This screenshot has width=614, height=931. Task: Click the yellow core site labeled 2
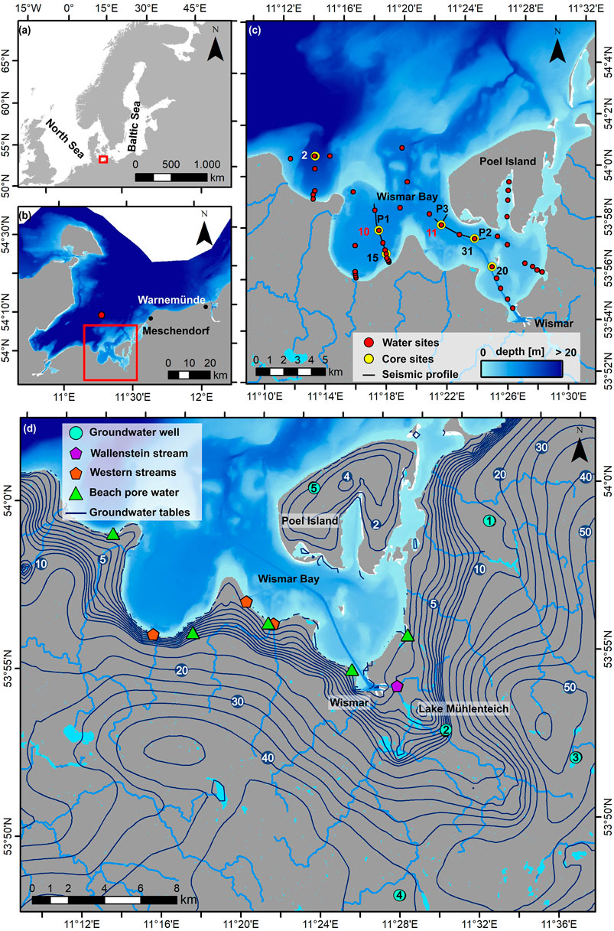(x=315, y=156)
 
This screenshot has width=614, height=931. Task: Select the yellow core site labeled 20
(x=492, y=267)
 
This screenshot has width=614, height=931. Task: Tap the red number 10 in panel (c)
(x=363, y=231)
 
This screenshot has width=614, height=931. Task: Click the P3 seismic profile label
(x=442, y=209)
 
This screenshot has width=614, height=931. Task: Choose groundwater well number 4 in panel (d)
(x=399, y=895)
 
